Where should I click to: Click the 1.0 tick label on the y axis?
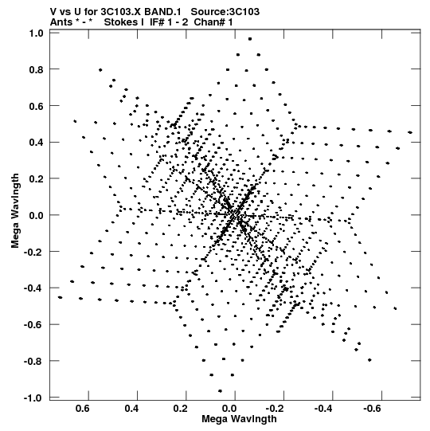[x=37, y=33]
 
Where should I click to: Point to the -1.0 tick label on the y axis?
[x=33, y=398]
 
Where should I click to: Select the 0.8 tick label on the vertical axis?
[x=37, y=70]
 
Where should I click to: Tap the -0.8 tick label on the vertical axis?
[x=33, y=362]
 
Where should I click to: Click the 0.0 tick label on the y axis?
[x=37, y=215]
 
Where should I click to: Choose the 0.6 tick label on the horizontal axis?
[x=83, y=409]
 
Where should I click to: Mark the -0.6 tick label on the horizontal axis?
[x=373, y=409]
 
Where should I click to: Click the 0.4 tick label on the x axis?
[x=131, y=409]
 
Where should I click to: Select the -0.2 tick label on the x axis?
[x=276, y=409]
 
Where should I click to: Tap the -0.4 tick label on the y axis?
[x=33, y=288]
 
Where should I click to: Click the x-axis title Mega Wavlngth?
[x=239, y=419]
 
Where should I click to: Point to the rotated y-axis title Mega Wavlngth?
[x=15, y=211]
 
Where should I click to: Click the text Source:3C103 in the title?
[x=225, y=12]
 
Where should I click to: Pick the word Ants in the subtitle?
[x=61, y=22]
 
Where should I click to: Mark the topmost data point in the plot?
[x=250, y=39]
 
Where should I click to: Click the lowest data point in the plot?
[x=220, y=391]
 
